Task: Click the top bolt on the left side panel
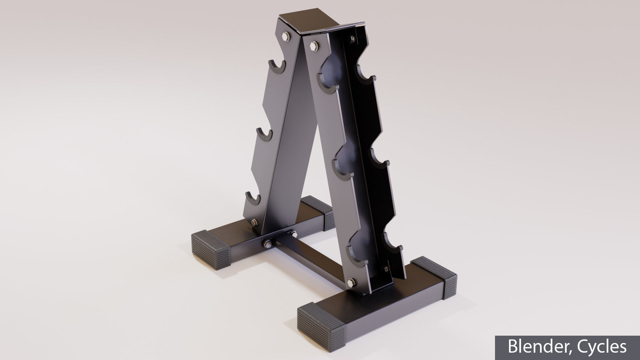287,36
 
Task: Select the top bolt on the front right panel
314,46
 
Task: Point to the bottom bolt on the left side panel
255,223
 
